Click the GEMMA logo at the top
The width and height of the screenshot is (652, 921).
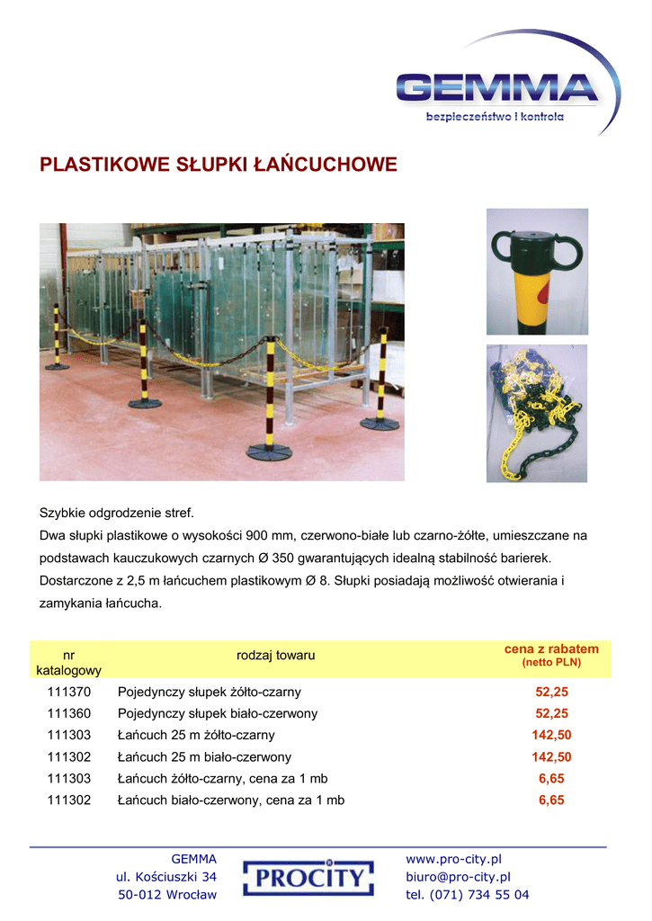tap(497, 88)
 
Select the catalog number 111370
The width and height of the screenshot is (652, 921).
tap(69, 693)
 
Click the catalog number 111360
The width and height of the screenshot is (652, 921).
tap(69, 714)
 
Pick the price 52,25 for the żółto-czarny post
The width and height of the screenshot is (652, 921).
tap(551, 693)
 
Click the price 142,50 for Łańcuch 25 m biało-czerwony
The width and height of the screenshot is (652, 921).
tap(551, 757)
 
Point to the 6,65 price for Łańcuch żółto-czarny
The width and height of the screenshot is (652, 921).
tap(551, 779)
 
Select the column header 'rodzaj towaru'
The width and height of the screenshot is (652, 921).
tap(276, 656)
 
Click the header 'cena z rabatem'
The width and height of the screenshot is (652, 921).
tap(551, 649)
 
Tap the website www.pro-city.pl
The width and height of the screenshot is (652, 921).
tap(453, 860)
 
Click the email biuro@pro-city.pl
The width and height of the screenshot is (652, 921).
tap(459, 877)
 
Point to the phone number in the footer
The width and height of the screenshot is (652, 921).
tap(468, 895)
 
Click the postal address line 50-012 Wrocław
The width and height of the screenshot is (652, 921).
tap(167, 895)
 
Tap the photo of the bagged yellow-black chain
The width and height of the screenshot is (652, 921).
tap(537, 413)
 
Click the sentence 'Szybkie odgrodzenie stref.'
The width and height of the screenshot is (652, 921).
tap(117, 514)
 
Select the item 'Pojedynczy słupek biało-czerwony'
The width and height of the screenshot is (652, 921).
tap(218, 714)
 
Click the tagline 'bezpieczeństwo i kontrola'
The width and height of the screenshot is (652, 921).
tap(495, 118)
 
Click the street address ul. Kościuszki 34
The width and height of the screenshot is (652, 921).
tap(166, 877)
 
